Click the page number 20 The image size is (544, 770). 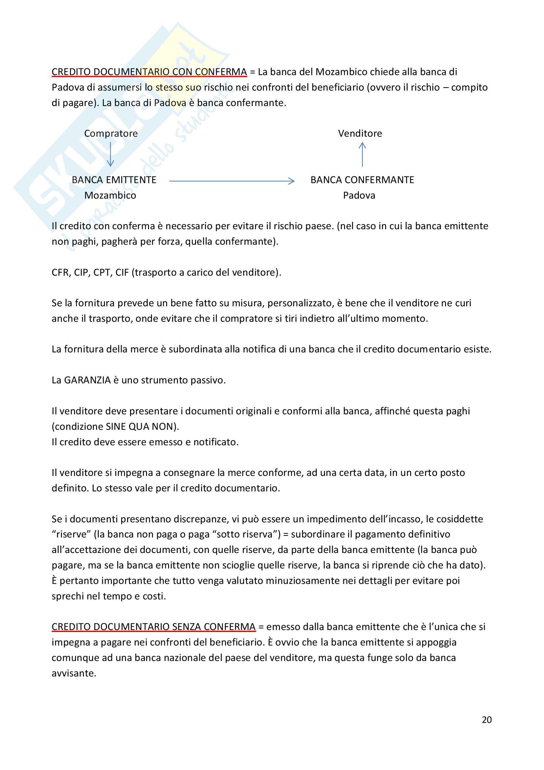(x=486, y=720)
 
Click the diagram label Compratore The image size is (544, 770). (x=111, y=133)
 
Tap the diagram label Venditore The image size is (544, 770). (x=360, y=133)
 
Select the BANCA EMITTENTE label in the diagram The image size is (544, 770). (x=114, y=180)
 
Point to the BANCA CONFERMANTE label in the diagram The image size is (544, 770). (x=362, y=180)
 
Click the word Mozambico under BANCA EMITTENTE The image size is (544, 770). (x=110, y=196)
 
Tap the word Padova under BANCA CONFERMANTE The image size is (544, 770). (x=359, y=196)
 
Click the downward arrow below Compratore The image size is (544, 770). (x=111, y=154)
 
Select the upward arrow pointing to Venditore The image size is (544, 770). (x=362, y=154)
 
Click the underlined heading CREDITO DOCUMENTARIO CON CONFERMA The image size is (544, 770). (x=149, y=72)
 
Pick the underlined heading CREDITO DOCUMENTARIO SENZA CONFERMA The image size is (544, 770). (x=153, y=627)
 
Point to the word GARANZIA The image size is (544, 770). (x=87, y=380)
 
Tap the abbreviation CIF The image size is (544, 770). (x=122, y=272)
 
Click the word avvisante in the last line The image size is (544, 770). (x=74, y=673)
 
